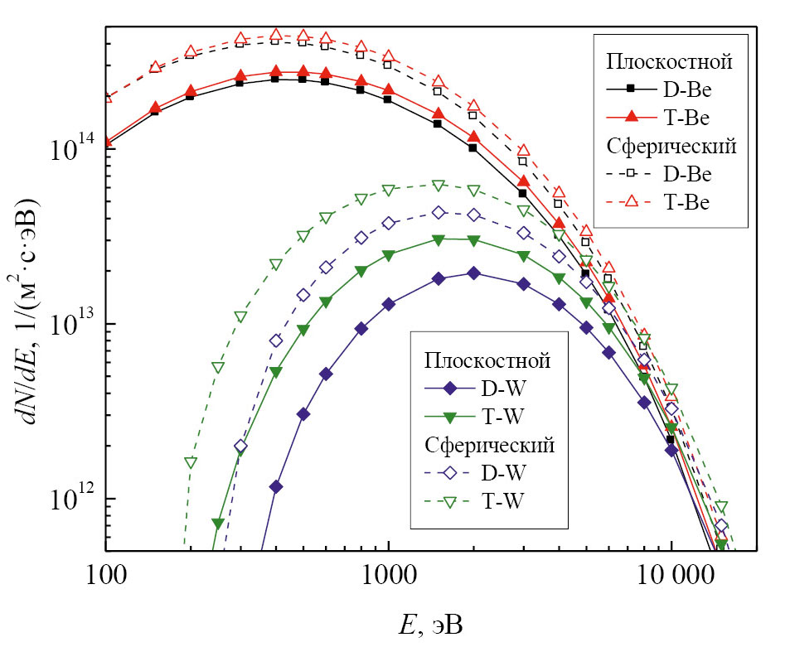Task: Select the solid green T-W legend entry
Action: tap(486, 415)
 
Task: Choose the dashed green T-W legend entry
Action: tap(486, 501)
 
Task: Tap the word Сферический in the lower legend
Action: tap(489, 445)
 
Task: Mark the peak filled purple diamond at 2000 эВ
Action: tap(473, 273)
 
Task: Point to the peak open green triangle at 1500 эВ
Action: tap(439, 186)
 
